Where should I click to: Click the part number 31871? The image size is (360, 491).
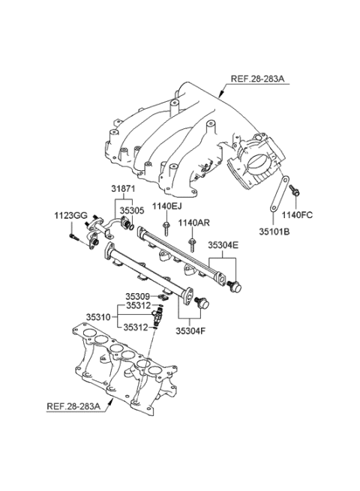[123, 189]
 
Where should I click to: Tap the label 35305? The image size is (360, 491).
[133, 211]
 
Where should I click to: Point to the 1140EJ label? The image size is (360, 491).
[167, 206]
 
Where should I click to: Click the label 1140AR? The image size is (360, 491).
[194, 223]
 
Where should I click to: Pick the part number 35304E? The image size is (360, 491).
[223, 245]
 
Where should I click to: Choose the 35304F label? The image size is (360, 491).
[190, 331]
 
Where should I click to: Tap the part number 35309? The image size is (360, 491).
[138, 296]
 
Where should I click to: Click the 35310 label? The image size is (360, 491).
[98, 317]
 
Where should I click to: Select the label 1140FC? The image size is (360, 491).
[297, 215]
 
